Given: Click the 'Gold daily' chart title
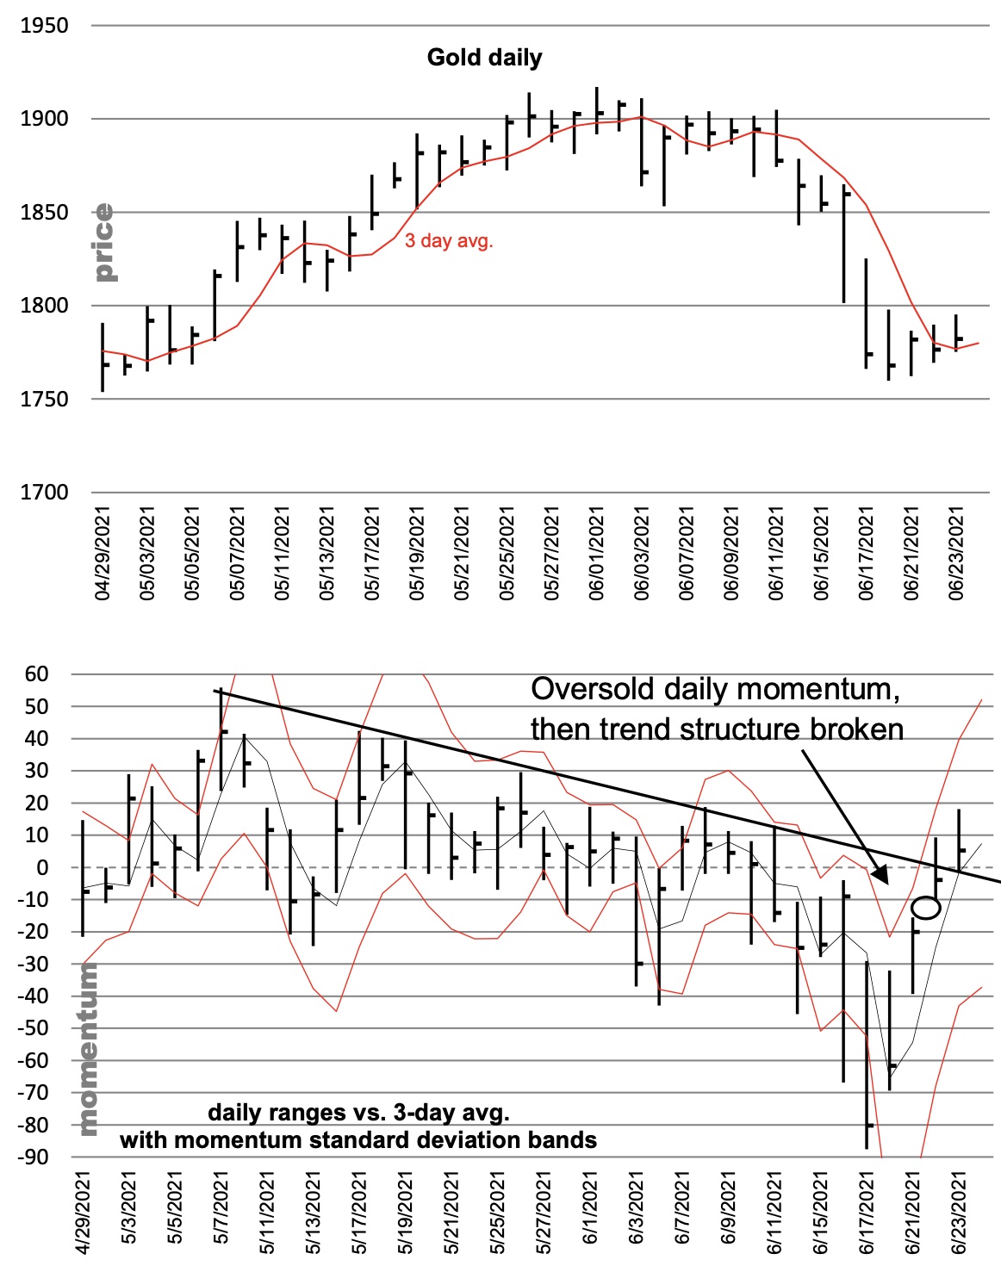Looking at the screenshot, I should (484, 58).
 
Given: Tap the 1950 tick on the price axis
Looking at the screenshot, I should (44, 26).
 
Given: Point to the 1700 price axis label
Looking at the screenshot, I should (44, 493).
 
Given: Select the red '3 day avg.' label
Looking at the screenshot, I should (449, 241).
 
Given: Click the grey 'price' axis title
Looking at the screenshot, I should (103, 243).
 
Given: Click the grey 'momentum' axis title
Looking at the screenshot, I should (87, 1049).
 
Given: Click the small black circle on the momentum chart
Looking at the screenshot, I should (925, 908).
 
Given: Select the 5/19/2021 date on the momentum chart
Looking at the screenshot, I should (404, 1213).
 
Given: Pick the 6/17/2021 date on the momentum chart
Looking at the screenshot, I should (867, 1213).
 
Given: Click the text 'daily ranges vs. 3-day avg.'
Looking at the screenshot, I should (358, 1112).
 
